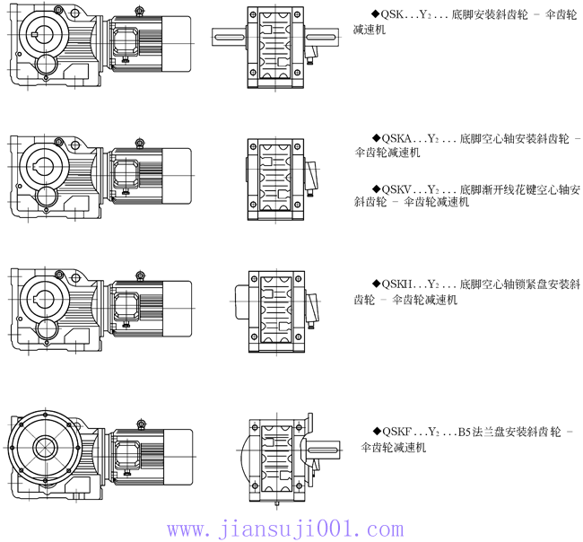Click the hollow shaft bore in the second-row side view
[x=43, y=166]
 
